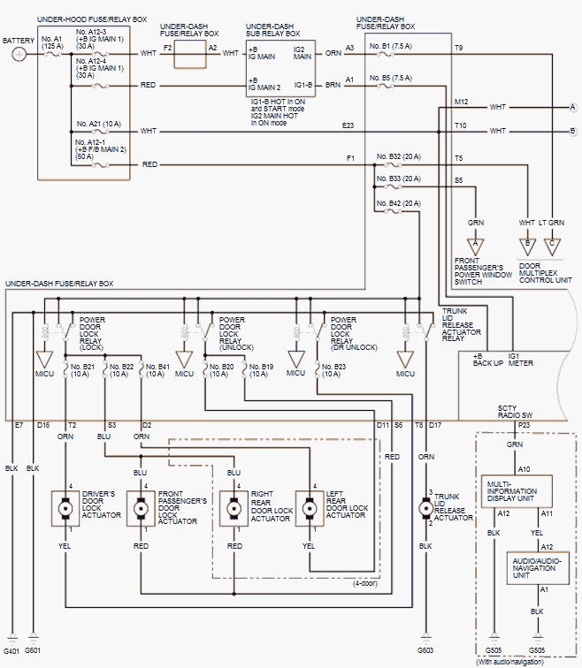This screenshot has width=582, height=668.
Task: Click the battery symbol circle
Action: coord(19,53)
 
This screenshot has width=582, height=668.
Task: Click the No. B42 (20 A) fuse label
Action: coord(404,204)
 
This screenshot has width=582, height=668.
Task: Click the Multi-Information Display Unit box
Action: coord(517,490)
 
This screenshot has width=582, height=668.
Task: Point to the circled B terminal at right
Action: coord(572,131)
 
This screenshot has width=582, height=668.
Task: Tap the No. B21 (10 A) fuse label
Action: coord(82,368)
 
